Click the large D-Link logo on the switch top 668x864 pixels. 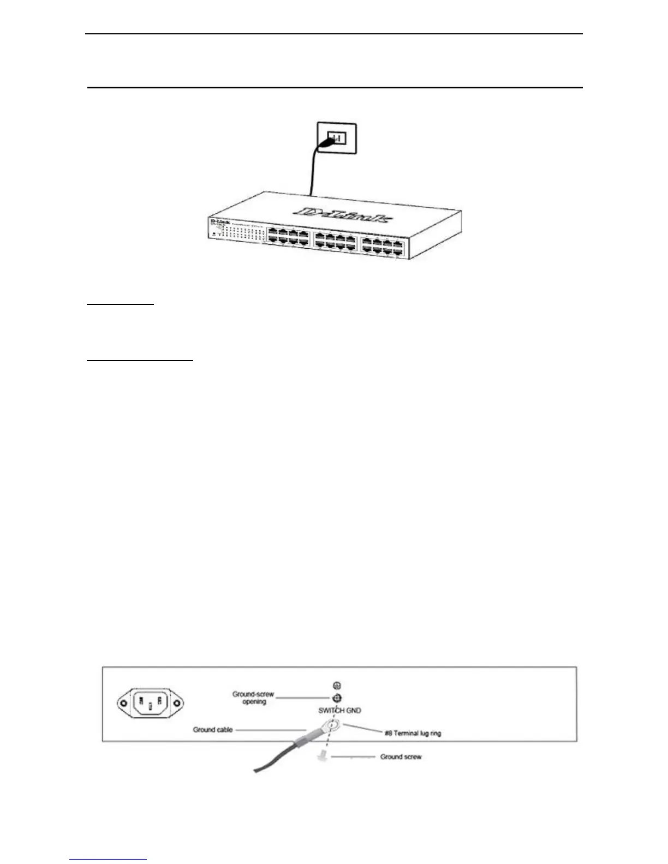point(342,215)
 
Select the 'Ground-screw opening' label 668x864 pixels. point(253,698)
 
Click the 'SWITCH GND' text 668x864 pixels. point(339,711)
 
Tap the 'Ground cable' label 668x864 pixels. point(212,729)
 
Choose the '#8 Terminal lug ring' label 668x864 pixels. point(413,733)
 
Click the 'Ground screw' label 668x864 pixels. point(401,757)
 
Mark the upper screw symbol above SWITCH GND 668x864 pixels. point(337,686)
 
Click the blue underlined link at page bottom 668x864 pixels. point(109,860)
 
